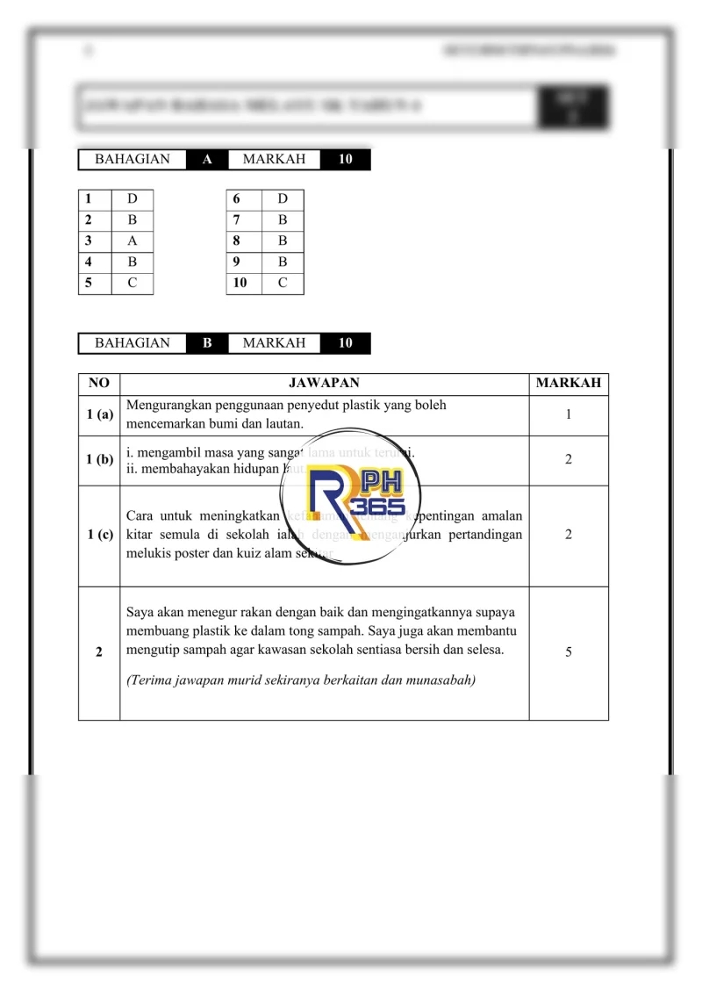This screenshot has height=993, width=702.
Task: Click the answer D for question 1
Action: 132,199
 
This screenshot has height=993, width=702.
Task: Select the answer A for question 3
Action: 132,241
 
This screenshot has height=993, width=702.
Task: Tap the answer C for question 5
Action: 132,283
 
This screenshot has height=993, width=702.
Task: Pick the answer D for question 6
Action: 283,199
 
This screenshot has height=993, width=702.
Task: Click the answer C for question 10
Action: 283,283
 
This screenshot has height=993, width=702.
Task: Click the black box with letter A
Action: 207,160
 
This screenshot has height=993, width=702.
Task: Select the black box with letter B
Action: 207,343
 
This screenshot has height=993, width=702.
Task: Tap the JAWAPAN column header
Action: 324,383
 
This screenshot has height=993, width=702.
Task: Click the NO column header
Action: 98,383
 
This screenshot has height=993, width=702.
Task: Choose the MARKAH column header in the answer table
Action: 568,383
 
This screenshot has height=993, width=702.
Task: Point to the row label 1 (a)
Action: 99,414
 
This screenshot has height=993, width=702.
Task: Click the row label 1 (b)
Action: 99,460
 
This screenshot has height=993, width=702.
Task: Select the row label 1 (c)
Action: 99,535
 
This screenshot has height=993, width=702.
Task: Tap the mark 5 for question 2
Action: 568,652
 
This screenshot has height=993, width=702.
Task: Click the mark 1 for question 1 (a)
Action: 568,414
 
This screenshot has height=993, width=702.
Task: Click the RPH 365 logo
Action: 361,499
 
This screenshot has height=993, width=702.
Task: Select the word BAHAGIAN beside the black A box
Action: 133,160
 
